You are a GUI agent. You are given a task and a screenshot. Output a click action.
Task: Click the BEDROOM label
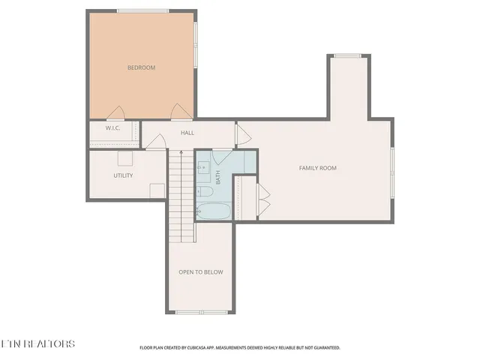point(141,68)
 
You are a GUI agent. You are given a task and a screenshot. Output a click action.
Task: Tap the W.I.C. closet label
point(113,127)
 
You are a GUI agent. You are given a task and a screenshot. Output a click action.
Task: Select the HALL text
point(187,133)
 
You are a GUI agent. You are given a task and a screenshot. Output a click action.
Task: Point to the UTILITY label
point(124,175)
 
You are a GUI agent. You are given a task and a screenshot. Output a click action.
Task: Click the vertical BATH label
point(218,178)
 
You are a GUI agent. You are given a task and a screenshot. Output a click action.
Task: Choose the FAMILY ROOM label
point(318,168)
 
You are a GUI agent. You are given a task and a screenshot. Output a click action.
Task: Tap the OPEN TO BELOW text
point(200,271)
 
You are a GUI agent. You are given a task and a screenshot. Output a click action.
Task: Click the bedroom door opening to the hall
point(179,112)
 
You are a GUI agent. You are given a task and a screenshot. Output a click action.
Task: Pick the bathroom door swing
point(223,157)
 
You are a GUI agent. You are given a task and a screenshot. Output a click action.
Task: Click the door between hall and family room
point(243,134)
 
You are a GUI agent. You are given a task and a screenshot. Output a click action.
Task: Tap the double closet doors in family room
point(262,196)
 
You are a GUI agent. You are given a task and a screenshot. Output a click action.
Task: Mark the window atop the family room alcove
point(348,55)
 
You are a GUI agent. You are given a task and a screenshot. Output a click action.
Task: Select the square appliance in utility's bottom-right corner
point(157,190)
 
